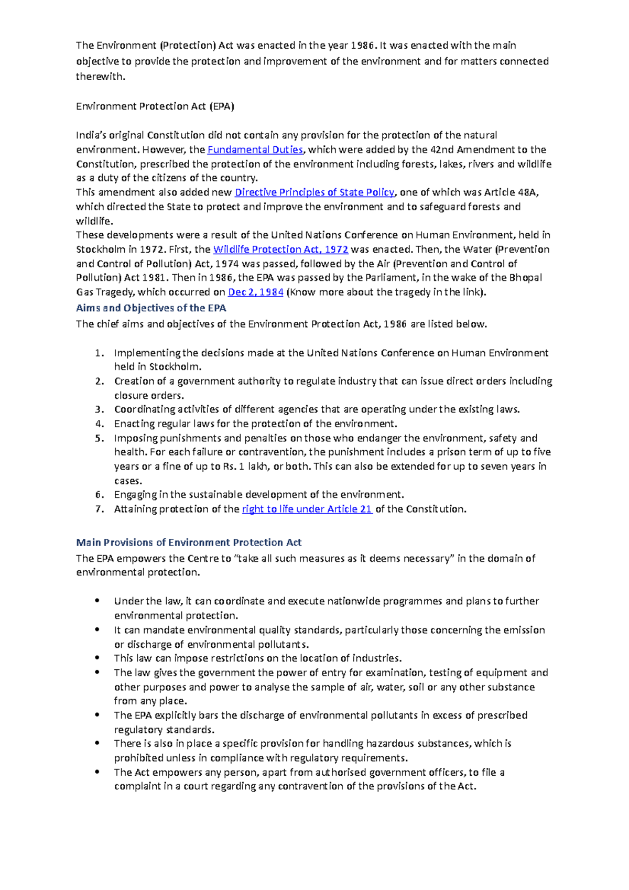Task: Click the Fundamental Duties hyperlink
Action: click(255, 149)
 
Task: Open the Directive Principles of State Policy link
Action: click(314, 192)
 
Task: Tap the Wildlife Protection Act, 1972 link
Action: click(280, 249)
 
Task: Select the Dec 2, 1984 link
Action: click(256, 292)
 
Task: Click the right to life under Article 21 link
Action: click(307, 509)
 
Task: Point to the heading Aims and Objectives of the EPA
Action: click(151, 308)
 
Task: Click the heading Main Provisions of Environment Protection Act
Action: click(189, 542)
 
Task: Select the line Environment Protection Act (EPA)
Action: click(155, 106)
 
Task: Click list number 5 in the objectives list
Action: click(100, 438)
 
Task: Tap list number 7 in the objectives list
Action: click(100, 509)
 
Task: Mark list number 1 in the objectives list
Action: click(100, 353)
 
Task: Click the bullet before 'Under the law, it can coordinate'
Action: click(97, 601)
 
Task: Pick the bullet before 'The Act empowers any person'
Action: click(97, 772)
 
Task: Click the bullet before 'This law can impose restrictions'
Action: click(97, 658)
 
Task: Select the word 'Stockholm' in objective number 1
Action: click(175, 367)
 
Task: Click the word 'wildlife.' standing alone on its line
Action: click(94, 221)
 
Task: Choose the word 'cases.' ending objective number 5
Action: click(128, 481)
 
